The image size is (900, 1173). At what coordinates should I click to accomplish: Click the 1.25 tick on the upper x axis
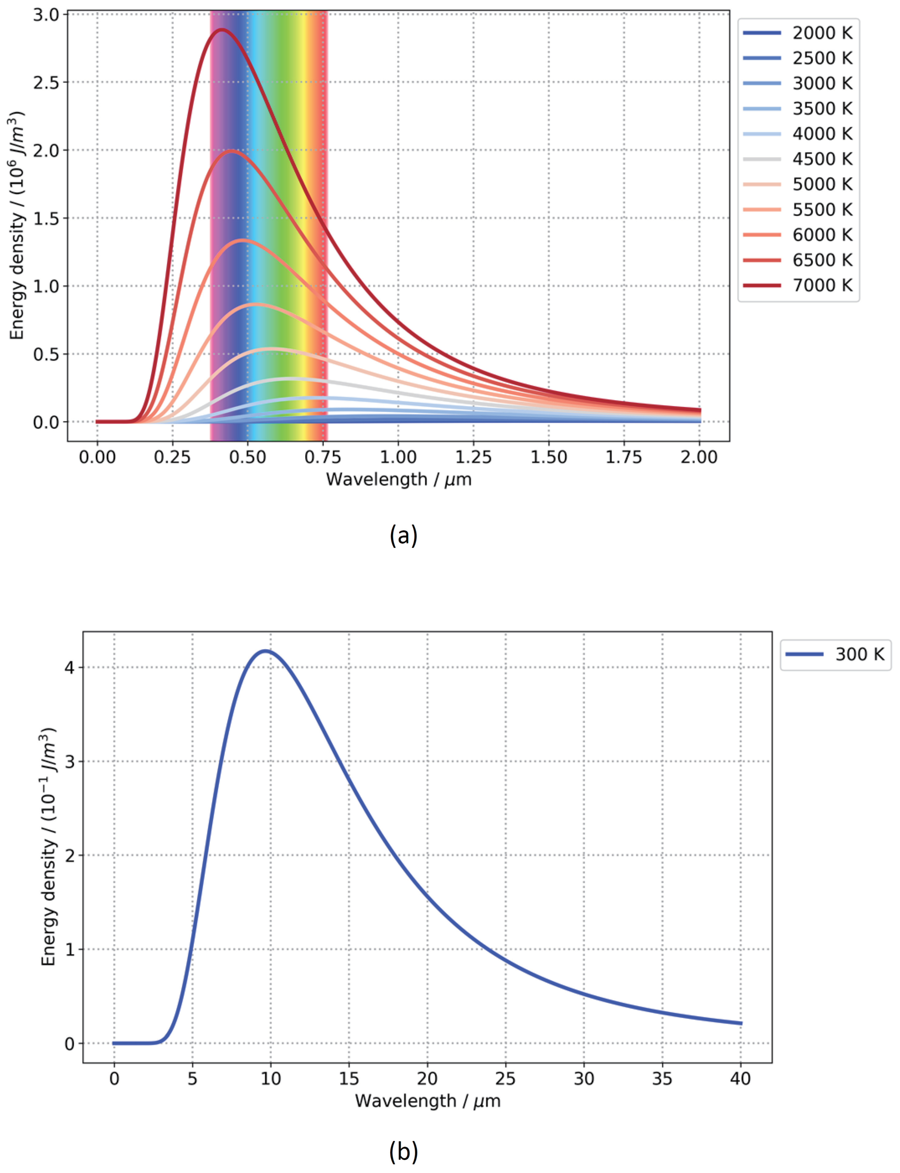[x=474, y=457]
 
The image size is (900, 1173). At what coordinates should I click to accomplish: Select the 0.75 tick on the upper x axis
[x=323, y=457]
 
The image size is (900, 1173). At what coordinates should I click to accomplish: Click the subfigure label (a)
[x=403, y=535]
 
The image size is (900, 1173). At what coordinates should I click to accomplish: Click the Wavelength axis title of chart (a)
[x=399, y=479]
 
